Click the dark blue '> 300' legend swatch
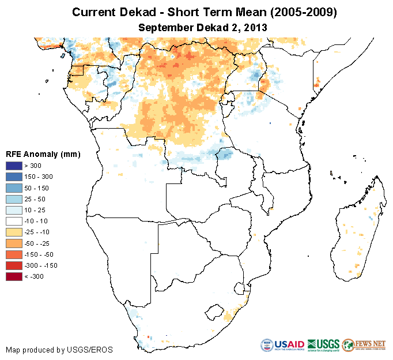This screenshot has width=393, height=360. tap(14, 166)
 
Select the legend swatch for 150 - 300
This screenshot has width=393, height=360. tap(14, 177)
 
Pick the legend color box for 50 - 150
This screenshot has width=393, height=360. tap(14, 187)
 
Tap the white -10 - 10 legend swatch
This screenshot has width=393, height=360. tap(14, 221)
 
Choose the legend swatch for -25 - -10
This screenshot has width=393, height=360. tap(14, 232)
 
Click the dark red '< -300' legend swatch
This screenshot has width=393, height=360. tap(14, 276)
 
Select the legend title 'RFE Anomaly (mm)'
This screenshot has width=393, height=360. tap(43, 154)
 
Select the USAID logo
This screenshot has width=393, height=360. tap(283, 346)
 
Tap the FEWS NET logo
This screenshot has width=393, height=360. tap(364, 346)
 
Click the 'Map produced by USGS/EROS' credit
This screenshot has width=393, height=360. tap(59, 350)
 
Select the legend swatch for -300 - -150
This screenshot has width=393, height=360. tap(14, 265)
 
